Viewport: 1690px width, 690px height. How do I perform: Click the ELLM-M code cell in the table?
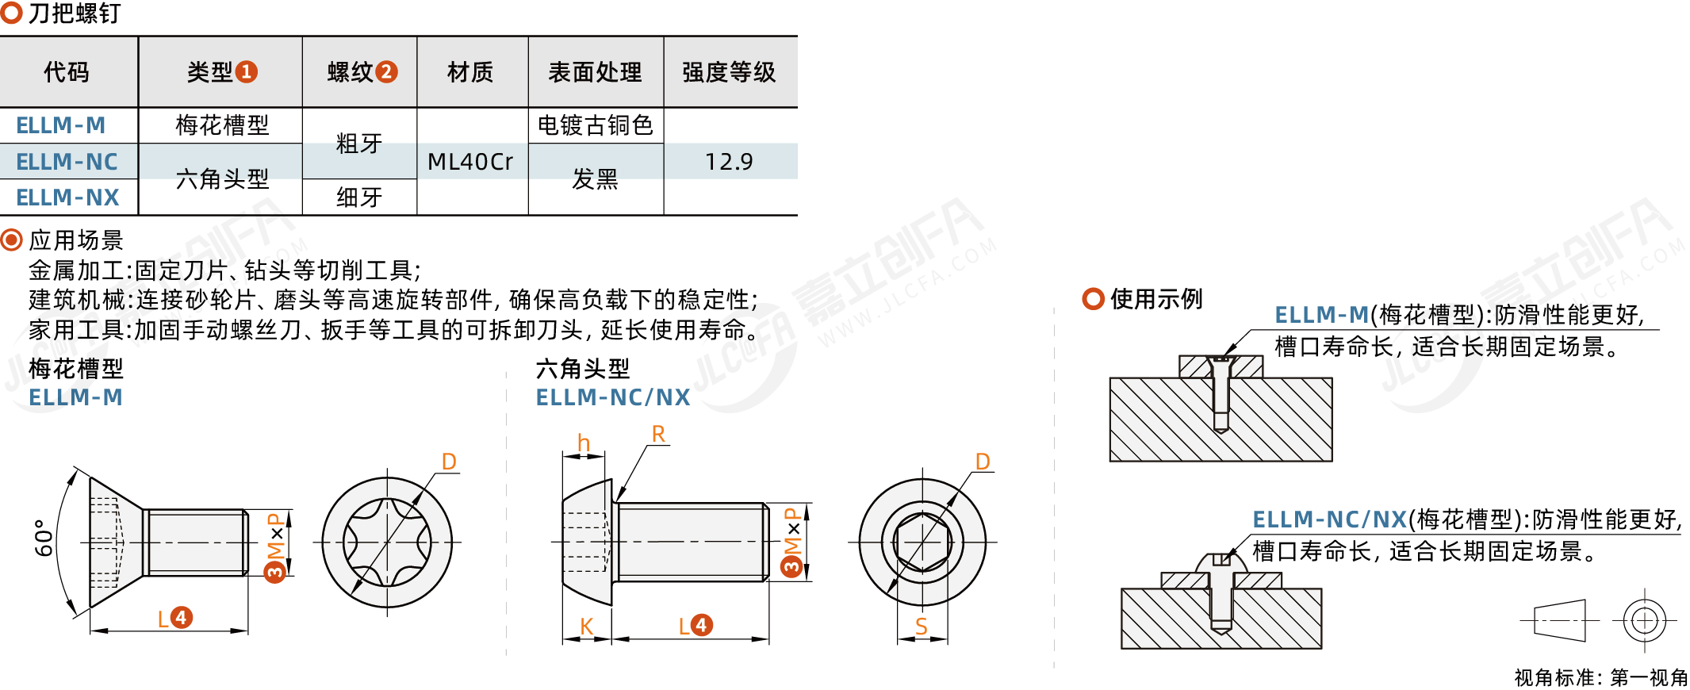61,125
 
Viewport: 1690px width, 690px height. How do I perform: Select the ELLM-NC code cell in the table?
67,162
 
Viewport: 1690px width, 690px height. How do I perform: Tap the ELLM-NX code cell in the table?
67,197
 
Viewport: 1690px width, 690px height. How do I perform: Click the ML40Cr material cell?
470,162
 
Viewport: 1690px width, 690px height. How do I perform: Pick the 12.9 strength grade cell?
729,162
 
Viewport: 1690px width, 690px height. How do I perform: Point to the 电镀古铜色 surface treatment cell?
595,125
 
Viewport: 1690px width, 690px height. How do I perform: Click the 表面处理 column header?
595,72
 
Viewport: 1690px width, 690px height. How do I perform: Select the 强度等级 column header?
729,72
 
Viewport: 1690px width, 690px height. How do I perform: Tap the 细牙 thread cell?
359,197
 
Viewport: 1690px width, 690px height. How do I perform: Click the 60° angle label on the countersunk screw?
44,538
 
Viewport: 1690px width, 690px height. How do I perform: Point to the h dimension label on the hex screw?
584,443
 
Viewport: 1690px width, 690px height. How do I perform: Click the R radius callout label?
658,434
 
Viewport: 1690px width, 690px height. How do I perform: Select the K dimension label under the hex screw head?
586,627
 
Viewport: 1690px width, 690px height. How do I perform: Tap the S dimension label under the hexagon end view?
921,627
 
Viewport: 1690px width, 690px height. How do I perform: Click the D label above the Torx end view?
449,462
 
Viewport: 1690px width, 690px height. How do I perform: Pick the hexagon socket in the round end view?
922,542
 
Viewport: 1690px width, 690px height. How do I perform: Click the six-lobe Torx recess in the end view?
387,542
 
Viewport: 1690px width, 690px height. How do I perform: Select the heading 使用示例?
1156,299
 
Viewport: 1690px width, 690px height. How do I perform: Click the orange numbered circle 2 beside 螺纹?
386,72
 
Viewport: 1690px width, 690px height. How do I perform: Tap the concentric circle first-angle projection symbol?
1645,620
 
